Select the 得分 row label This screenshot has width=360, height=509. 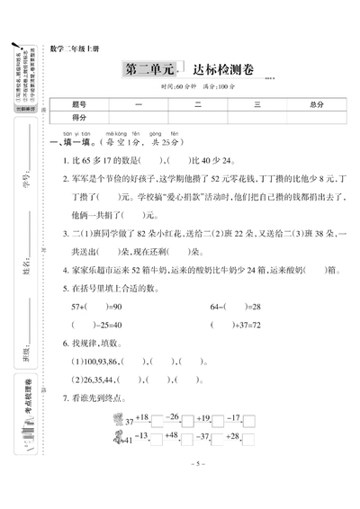point(80,118)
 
